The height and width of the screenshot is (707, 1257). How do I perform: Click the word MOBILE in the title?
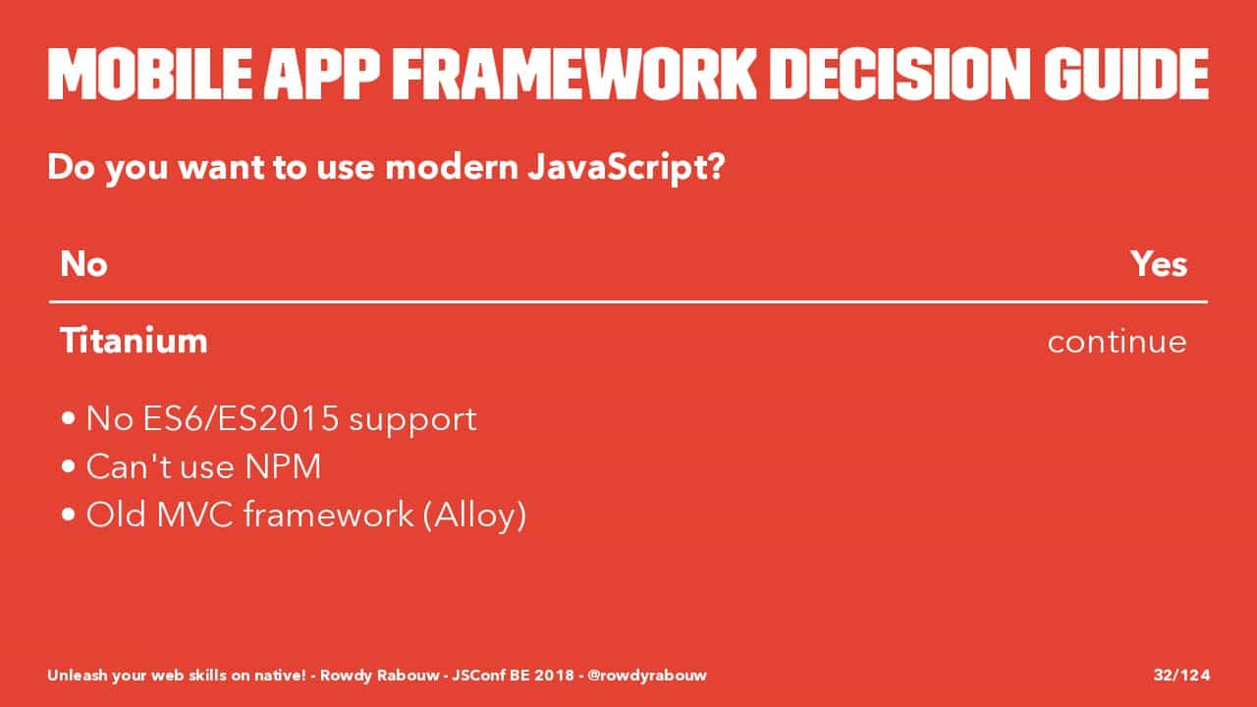(x=150, y=74)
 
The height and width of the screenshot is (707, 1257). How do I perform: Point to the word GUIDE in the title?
(x=1126, y=74)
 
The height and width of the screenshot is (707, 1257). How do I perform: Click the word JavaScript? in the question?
(x=627, y=168)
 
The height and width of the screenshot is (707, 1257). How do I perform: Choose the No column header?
(x=83, y=264)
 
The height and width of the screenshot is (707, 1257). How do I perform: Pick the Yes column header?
(x=1159, y=264)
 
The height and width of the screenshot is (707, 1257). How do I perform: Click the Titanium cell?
(x=134, y=341)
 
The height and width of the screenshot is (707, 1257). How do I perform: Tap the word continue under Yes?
(x=1117, y=342)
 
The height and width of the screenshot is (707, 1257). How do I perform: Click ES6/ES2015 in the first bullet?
(x=241, y=418)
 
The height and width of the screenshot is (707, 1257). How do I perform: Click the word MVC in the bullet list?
(x=194, y=515)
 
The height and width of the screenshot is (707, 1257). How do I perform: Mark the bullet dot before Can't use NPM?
(x=69, y=466)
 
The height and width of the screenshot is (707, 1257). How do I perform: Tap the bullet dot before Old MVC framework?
(x=69, y=514)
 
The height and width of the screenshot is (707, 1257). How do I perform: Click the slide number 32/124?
(x=1181, y=675)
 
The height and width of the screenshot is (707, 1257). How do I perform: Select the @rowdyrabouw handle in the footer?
(x=647, y=675)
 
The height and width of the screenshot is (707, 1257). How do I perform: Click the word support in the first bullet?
(x=413, y=420)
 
